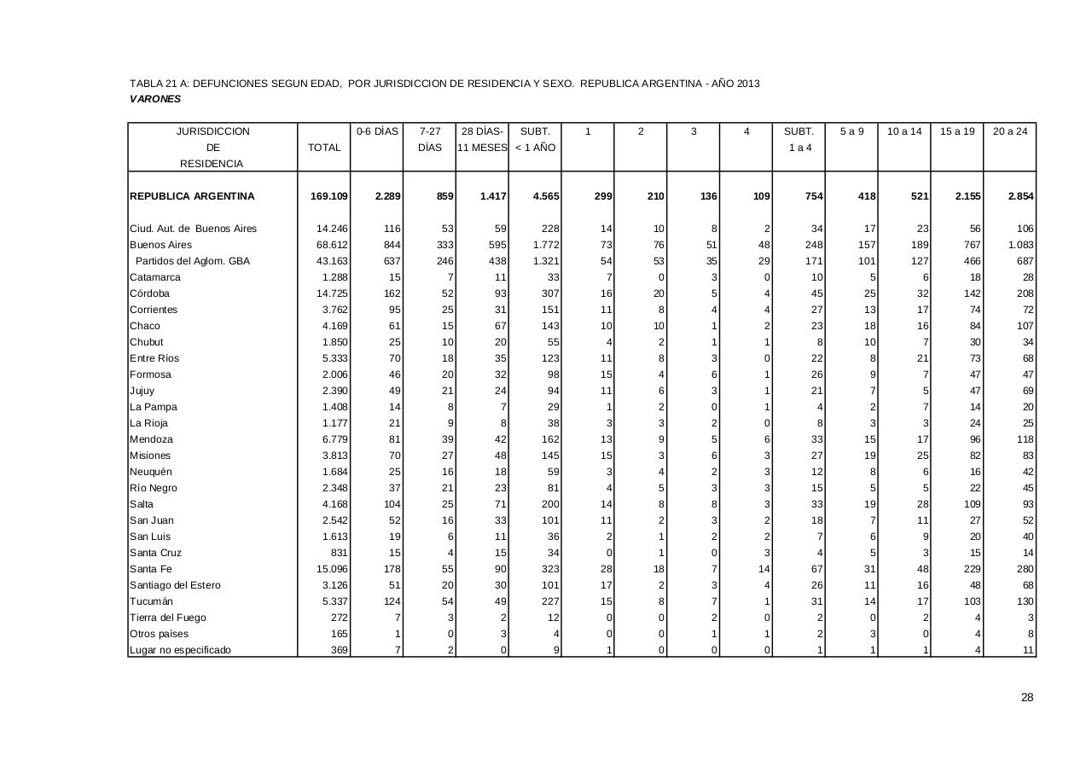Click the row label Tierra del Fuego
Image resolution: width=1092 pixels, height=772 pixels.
click(168, 618)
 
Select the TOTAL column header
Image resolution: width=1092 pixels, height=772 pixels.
click(324, 148)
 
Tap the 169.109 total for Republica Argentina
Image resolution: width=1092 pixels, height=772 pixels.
click(329, 196)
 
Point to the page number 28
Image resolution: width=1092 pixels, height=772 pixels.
click(1027, 698)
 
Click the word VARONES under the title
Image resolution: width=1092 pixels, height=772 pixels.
click(155, 99)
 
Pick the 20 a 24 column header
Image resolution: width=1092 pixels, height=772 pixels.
click(1010, 131)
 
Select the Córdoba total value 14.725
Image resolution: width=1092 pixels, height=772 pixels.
click(333, 293)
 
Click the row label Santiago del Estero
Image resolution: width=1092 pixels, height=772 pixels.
click(175, 585)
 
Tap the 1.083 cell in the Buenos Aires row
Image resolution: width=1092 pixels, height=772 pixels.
click(1021, 245)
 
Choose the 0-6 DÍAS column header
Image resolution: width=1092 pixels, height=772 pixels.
click(377, 131)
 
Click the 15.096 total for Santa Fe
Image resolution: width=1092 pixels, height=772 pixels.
click(333, 569)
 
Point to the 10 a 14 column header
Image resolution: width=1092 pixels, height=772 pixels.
click(904, 131)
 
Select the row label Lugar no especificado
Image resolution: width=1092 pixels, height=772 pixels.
click(180, 650)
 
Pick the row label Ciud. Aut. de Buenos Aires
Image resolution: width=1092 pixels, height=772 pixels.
click(193, 229)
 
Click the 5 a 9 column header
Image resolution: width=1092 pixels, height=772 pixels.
click(851, 131)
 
